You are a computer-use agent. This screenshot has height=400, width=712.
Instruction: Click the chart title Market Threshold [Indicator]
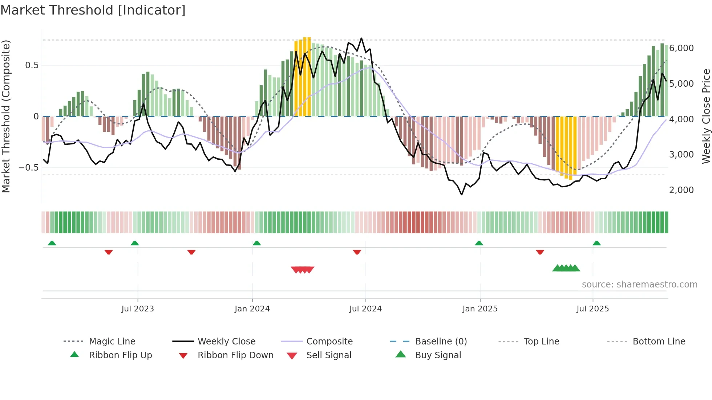[x=93, y=10]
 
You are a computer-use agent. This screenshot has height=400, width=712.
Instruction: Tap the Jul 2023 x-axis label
[x=138, y=309]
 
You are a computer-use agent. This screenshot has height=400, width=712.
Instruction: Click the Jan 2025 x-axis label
[x=480, y=309]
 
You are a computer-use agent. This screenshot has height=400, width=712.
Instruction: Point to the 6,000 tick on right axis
[x=681, y=48]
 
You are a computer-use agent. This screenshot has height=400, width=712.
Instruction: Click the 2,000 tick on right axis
[x=681, y=190]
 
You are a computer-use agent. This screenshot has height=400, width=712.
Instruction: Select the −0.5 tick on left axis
[x=28, y=168]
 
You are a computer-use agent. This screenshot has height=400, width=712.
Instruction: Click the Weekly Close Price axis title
[x=706, y=116]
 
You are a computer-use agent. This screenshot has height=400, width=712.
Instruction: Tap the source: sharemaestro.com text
[x=639, y=285]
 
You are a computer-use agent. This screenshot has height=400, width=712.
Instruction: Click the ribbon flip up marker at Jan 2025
[x=479, y=243]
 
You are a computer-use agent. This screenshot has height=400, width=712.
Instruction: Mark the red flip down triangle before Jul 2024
[x=357, y=252]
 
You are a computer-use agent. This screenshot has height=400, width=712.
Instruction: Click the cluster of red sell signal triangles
[x=303, y=270]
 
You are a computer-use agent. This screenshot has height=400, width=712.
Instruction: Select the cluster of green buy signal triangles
[x=566, y=268]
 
